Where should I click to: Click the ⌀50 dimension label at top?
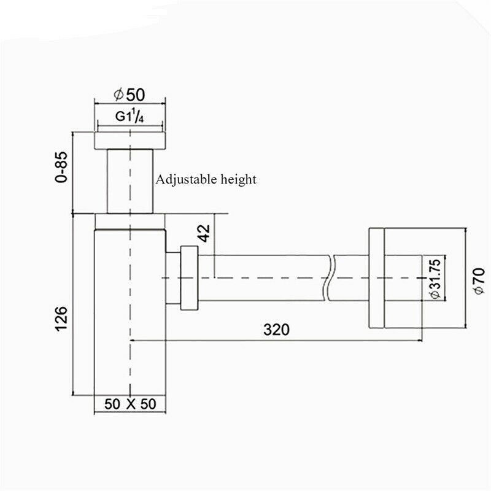coord(130,95)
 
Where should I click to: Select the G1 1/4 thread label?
coord(130,117)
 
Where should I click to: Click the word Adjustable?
coord(183,180)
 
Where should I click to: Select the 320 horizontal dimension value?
coord(276,330)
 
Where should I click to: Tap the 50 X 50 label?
coord(130,404)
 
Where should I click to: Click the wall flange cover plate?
coord(377,278)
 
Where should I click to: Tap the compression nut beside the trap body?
coord(189,277)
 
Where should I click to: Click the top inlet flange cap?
coord(130,139)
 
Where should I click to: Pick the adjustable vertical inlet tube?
coord(130,181)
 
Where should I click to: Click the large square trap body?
coord(130,313)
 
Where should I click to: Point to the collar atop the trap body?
coord(130,221)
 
